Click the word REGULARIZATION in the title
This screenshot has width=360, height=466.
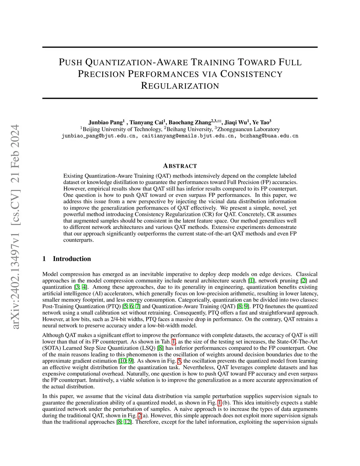pyautogui.click(x=180, y=86)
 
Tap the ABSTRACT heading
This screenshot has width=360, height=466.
pyautogui.click(x=180, y=166)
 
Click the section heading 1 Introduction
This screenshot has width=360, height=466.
pyautogui.click(x=66, y=259)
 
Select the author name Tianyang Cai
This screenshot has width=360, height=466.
pyautogui.click(x=147, y=123)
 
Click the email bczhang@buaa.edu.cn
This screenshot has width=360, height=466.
pyautogui.click(x=269, y=136)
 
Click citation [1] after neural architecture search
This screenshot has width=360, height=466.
pyautogui.click(x=251, y=281)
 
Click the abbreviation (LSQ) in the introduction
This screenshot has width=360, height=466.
pyautogui.click(x=148, y=348)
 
